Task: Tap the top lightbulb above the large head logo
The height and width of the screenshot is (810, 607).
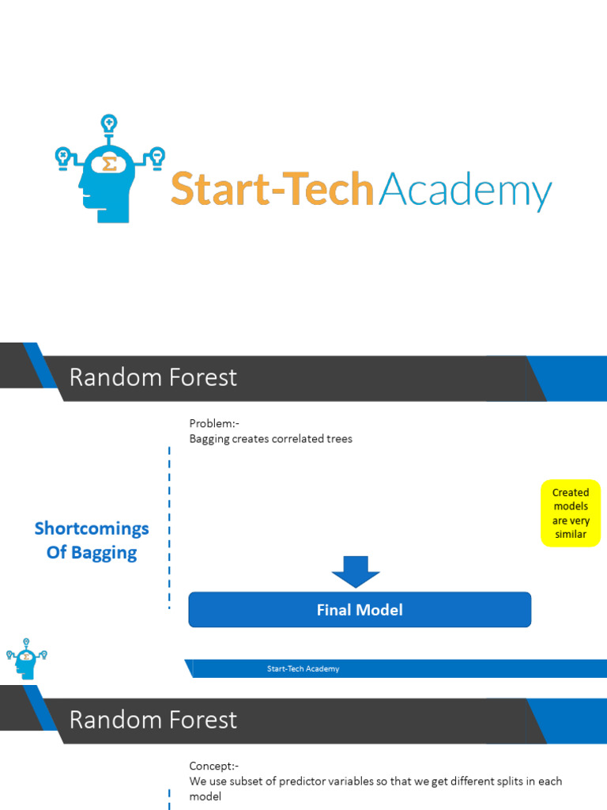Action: click(109, 124)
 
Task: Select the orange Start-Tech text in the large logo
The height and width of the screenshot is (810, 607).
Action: click(272, 190)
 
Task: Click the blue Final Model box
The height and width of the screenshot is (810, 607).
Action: click(360, 610)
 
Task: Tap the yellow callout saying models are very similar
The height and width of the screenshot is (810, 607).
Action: click(571, 513)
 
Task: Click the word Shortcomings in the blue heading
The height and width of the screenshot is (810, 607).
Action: click(92, 528)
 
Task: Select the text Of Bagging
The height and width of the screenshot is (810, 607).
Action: click(92, 552)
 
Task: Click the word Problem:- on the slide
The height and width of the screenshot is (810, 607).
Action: click(214, 424)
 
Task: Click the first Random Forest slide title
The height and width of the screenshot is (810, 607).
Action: click(153, 378)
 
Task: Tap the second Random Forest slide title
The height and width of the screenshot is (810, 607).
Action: click(153, 720)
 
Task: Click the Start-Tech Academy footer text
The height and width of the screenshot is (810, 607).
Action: click(303, 669)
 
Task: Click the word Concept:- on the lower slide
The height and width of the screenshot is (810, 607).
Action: click(214, 766)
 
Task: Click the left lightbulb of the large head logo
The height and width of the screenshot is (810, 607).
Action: click(62, 156)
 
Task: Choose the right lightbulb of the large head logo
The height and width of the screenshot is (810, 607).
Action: click(157, 156)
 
